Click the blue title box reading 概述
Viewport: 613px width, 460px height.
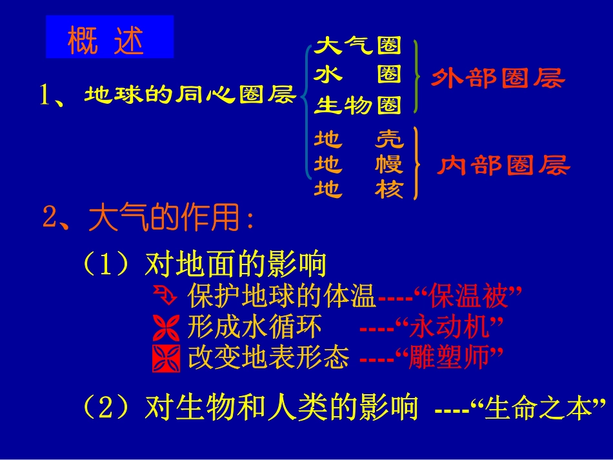109,37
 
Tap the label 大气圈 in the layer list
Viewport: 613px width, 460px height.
357,45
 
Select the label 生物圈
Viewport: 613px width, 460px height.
357,105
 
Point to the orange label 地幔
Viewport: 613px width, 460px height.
358,165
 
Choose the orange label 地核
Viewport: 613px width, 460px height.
358,190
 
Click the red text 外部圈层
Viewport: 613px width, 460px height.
497,79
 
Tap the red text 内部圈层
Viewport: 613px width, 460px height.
504,166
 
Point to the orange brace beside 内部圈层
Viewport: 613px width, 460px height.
417,164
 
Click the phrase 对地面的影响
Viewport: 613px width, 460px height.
236,265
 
